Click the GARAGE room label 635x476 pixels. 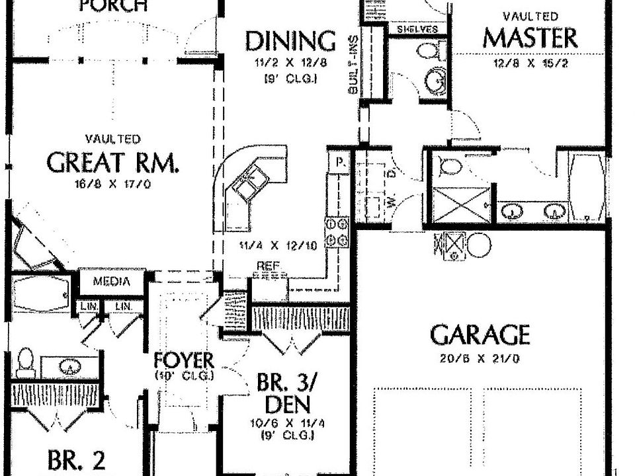[x=480, y=335]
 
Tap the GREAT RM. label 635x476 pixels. [x=112, y=162]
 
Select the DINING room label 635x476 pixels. [x=290, y=41]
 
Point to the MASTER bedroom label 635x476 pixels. [x=529, y=38]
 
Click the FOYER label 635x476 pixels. [x=184, y=361]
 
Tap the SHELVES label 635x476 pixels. [x=417, y=30]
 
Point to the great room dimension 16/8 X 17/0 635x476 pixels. [x=112, y=184]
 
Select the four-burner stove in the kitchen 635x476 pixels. [x=337, y=232]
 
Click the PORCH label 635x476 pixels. [x=113, y=7]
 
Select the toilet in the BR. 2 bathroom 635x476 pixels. [x=25, y=363]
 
